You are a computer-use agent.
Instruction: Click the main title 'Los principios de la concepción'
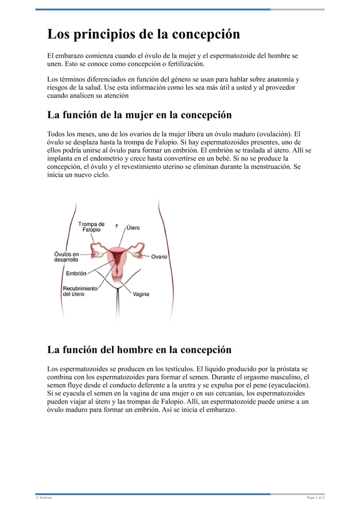click(144, 35)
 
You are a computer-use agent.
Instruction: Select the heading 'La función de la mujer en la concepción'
click(139, 115)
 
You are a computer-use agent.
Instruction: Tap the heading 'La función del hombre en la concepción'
click(139, 349)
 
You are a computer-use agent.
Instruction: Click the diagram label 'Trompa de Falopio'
click(91, 227)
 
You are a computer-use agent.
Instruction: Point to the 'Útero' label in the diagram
click(133, 227)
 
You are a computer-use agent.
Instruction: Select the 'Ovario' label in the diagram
click(159, 257)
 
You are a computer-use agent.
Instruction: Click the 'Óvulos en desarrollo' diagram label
click(66, 257)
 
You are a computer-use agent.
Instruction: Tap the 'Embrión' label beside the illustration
click(76, 273)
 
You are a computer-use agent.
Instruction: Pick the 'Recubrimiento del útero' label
click(80, 291)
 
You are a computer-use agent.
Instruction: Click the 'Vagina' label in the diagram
click(141, 294)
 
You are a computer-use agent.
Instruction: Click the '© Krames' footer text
click(44, 498)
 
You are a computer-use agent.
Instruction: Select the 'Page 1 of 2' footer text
click(315, 498)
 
